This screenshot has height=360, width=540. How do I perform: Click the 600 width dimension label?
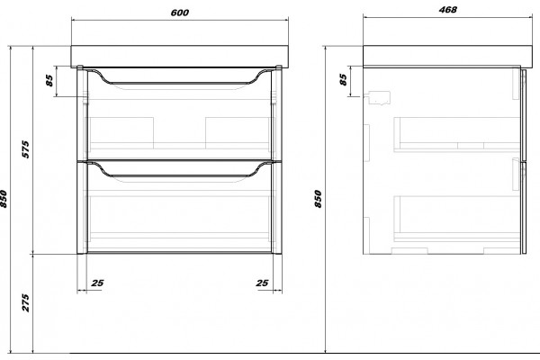(x=179, y=13)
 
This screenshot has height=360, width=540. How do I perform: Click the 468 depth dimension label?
(x=447, y=10)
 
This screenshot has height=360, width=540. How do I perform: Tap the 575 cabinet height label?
(x=26, y=149)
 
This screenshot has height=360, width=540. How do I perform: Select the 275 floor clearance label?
(x=26, y=302)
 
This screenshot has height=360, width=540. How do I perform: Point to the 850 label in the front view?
(x=3, y=199)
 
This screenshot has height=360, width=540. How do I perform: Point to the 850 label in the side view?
(x=318, y=199)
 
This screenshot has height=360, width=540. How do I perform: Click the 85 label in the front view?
(x=49, y=81)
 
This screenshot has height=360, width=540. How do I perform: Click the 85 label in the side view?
(x=343, y=79)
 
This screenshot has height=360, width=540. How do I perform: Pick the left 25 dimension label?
(x=97, y=283)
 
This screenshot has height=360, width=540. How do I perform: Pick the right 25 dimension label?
(x=262, y=283)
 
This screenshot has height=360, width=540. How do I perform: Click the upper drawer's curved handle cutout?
(x=179, y=83)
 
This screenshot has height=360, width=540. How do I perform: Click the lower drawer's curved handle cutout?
(x=179, y=175)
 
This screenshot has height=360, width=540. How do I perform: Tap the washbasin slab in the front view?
(x=179, y=57)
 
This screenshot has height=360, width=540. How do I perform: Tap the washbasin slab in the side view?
(x=447, y=56)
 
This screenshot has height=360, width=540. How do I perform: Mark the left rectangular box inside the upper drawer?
(x=121, y=133)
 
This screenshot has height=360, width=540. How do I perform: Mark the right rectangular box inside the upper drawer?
(x=238, y=133)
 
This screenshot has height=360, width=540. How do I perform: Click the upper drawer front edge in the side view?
(x=524, y=115)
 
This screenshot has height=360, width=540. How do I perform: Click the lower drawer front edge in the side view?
(x=524, y=208)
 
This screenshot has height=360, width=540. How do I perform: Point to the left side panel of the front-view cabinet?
(x=82, y=161)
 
